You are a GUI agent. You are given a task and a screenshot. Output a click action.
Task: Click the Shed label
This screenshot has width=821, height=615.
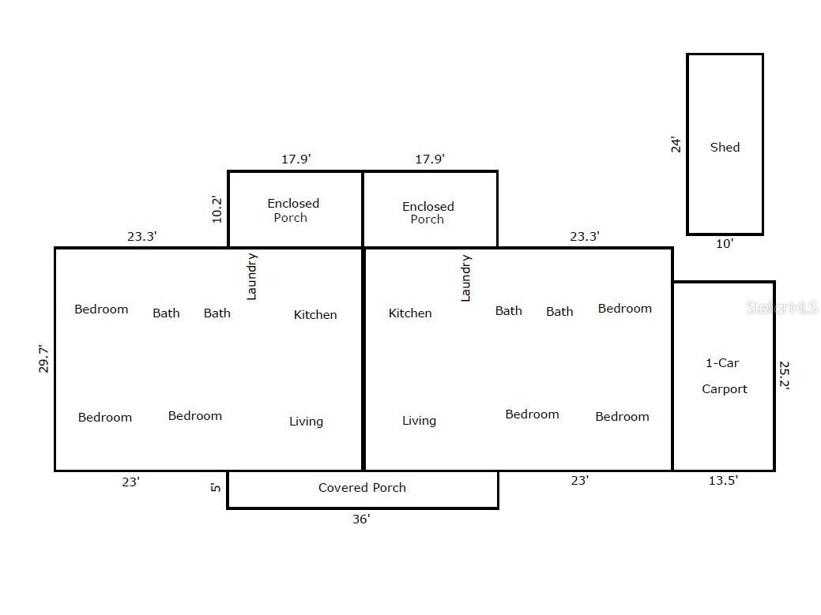[x=725, y=148]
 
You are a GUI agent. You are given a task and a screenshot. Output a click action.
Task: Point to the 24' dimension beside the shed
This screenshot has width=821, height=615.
[x=676, y=144]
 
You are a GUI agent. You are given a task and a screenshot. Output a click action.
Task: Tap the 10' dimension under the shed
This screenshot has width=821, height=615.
[x=725, y=244]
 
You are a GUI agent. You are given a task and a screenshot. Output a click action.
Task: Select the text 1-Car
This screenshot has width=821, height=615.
[x=722, y=363]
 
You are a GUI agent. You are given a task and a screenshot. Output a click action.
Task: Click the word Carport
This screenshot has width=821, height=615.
[x=725, y=389]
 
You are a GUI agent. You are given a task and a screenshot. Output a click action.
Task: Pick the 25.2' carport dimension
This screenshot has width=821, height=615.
[x=784, y=375]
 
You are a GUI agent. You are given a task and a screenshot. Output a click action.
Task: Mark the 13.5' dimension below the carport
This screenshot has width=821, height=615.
[x=723, y=481]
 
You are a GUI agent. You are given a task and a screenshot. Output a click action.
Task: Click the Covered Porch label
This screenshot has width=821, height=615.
[x=363, y=487]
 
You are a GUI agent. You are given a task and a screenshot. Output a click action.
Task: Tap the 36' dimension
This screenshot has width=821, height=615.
[x=361, y=519]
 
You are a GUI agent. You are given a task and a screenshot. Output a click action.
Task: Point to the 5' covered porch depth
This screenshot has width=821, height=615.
[x=215, y=487]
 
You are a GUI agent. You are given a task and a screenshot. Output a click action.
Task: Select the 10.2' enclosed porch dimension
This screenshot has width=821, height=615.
[x=217, y=209]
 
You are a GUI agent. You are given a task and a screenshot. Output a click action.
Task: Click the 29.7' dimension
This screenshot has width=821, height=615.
[x=43, y=358]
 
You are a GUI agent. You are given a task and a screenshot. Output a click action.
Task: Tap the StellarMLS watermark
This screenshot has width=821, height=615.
[x=781, y=308]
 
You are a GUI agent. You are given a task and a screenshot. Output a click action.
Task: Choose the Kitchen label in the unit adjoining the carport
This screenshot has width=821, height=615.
[x=410, y=313]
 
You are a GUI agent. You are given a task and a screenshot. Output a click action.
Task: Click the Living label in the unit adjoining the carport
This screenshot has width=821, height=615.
[x=419, y=421]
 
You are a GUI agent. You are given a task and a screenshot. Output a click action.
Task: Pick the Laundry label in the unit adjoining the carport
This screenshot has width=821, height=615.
[x=465, y=278]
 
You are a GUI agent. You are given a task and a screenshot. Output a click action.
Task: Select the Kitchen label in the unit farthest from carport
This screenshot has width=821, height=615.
[x=315, y=315]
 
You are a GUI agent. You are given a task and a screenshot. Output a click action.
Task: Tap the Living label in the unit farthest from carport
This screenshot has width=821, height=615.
[x=307, y=422]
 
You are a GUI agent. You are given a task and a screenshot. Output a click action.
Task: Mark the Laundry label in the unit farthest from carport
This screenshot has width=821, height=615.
[x=252, y=276]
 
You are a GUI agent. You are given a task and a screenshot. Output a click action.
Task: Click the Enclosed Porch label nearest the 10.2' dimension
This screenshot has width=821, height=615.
[x=292, y=210]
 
